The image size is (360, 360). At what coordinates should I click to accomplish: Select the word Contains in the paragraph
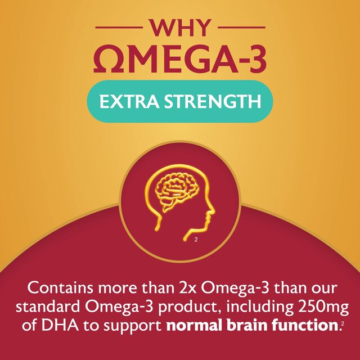click(60, 289)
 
